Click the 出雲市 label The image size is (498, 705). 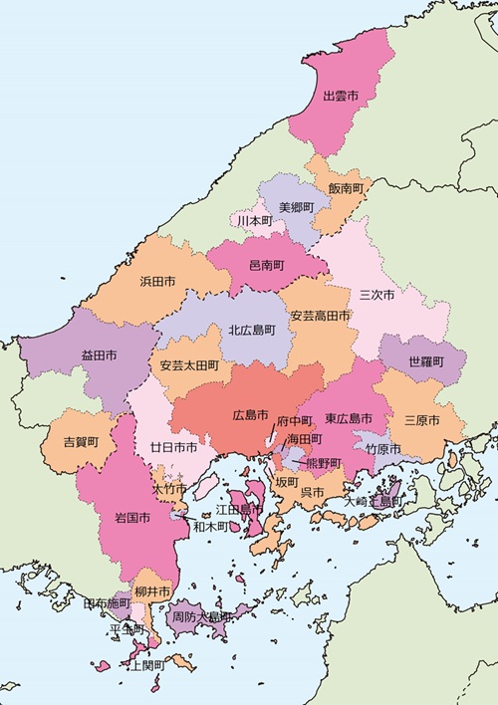click(x=342, y=98)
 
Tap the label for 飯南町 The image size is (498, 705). click(x=346, y=187)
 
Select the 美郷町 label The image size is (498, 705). click(x=296, y=207)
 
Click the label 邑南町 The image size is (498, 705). click(x=266, y=266)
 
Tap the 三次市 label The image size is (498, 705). click(x=376, y=296)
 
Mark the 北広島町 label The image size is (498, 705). click(x=253, y=330)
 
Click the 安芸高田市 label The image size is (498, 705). click(x=320, y=316)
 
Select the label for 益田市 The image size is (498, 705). click(x=99, y=354)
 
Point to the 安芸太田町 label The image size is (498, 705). click(x=188, y=365)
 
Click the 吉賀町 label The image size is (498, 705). click(x=81, y=441)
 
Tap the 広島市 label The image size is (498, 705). click(x=250, y=414)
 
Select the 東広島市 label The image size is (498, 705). click(x=348, y=418)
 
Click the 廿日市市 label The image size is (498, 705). click(x=172, y=448)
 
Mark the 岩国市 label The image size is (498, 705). click(x=132, y=519)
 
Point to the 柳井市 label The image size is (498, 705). click(x=151, y=591)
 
